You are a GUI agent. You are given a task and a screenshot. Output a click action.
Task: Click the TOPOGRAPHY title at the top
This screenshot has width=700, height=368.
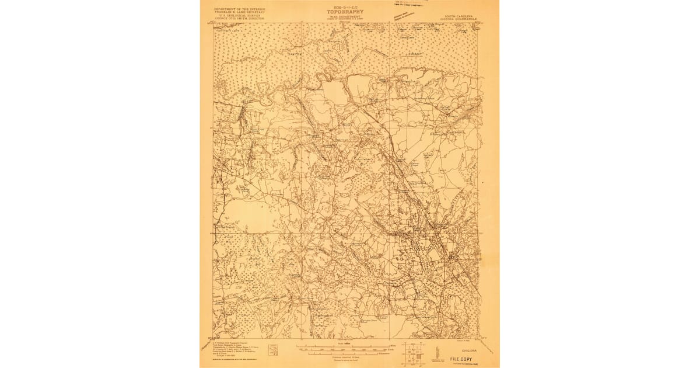345,12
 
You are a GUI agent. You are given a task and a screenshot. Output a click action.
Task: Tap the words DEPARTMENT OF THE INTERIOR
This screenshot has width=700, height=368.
239,9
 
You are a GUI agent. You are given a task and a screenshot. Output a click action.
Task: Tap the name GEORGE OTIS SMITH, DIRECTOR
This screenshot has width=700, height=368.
239,19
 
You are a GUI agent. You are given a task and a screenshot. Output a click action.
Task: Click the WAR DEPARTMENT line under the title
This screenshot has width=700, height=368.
345,16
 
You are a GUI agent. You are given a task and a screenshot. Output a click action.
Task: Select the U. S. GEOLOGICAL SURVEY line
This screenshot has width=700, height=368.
239,16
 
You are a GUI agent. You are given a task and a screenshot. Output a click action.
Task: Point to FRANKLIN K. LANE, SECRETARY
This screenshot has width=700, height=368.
239,12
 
